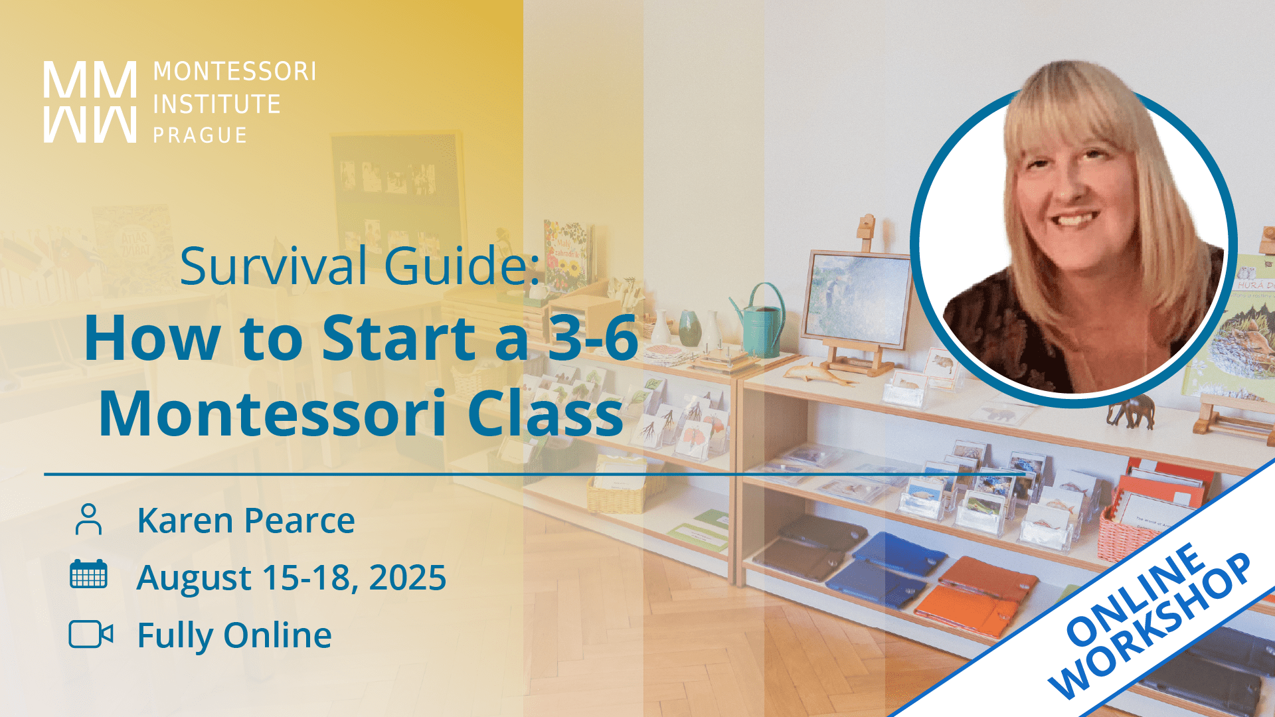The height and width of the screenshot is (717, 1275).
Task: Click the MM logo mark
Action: tap(90, 102)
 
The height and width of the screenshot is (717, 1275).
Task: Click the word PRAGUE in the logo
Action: tap(200, 135)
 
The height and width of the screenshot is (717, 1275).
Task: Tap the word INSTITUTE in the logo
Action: tap(216, 104)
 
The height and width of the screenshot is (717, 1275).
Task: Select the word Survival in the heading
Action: tap(273, 266)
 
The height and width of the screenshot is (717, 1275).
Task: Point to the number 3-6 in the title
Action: tap(592, 339)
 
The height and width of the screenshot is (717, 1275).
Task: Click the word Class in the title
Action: tap(545, 414)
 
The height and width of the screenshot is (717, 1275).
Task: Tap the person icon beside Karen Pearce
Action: tap(88, 519)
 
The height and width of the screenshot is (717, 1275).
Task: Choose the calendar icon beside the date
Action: tap(88, 574)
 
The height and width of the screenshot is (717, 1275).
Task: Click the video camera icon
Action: tap(90, 634)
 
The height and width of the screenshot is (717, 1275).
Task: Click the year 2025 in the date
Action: tap(407, 578)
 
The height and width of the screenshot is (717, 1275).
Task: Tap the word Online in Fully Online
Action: tap(278, 635)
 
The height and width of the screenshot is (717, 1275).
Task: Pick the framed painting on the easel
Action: tap(857, 299)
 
